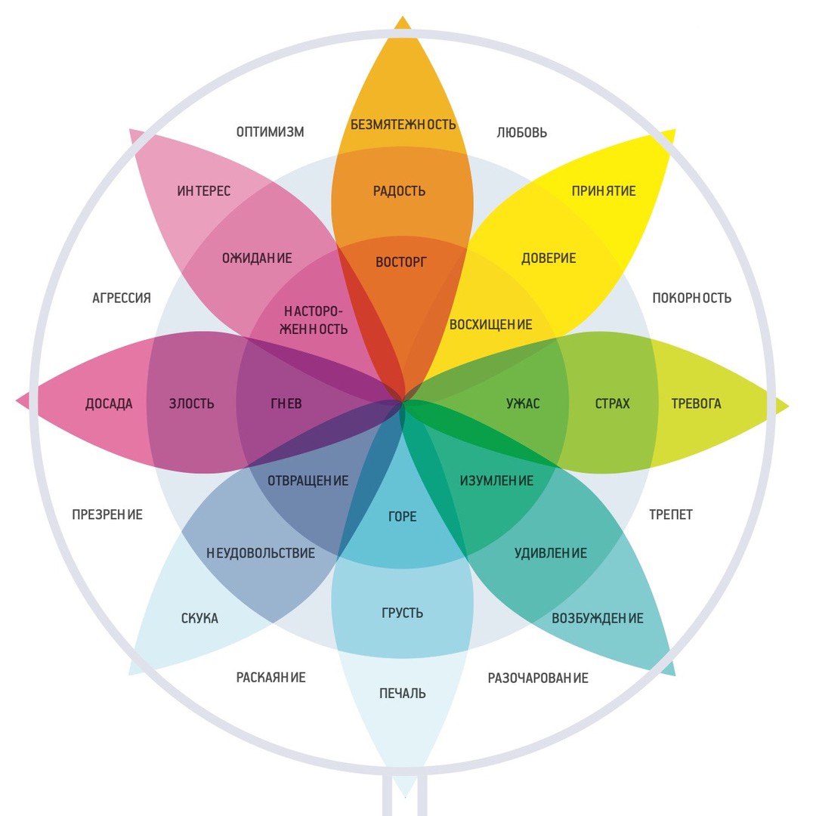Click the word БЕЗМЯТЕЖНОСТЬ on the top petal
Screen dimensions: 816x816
403,125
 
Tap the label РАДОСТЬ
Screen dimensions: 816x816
400,191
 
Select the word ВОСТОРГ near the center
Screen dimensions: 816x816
401,263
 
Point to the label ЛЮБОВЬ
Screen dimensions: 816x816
522,133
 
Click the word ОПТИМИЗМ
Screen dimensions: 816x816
270,132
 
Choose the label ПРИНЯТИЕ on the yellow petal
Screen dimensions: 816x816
604,191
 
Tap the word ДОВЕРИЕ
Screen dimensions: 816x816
549,258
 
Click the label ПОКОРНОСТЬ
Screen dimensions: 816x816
691,298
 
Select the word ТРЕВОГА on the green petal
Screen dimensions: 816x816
696,403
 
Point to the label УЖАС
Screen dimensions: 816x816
523,403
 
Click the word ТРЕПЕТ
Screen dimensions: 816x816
671,515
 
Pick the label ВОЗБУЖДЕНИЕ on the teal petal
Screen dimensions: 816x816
598,618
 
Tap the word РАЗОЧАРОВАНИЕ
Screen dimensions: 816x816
538,678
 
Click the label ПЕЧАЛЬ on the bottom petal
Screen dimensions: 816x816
403,693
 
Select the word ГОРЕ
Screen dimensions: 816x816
402,518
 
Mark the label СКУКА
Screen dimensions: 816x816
199,619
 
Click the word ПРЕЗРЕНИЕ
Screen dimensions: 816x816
107,515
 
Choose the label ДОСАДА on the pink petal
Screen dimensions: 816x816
109,403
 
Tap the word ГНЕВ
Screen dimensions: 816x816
286,403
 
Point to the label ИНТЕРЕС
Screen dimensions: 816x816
204,191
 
